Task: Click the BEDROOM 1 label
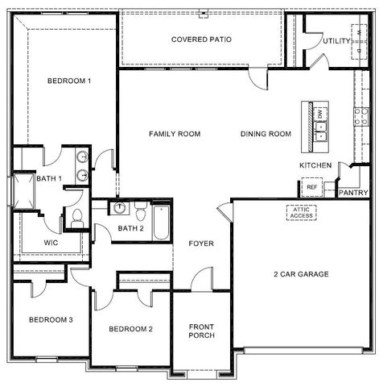(x=68, y=81)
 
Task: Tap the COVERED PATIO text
(x=201, y=39)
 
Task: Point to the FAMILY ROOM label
(x=174, y=134)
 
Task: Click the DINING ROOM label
(x=265, y=134)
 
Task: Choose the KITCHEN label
(x=315, y=165)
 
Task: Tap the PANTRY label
(x=353, y=193)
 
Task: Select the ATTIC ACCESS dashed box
(x=302, y=212)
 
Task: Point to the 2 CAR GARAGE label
(x=301, y=274)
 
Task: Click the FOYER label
(x=201, y=243)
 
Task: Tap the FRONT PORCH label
(x=201, y=331)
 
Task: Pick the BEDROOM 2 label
(x=130, y=328)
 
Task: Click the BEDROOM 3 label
(x=51, y=320)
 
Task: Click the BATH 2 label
(x=130, y=228)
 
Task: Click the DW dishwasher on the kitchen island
(x=321, y=116)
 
